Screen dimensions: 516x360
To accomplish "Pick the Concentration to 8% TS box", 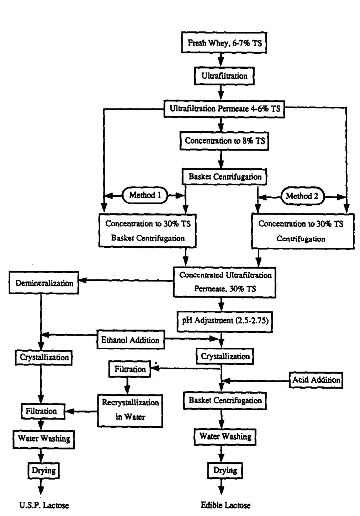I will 225,141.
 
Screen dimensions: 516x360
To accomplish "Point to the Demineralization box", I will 44,283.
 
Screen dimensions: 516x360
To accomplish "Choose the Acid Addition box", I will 316,380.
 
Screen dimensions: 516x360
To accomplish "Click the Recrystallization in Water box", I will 131,410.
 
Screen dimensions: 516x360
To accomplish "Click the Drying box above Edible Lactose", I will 225,470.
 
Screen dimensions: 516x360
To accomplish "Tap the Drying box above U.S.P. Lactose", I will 43,470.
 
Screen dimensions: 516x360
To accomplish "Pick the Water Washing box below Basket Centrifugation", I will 225,436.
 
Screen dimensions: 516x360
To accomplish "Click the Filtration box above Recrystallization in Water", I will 129,369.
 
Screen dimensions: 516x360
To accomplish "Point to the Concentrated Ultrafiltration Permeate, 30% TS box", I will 225,282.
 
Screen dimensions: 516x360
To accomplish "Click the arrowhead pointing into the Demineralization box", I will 82,281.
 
